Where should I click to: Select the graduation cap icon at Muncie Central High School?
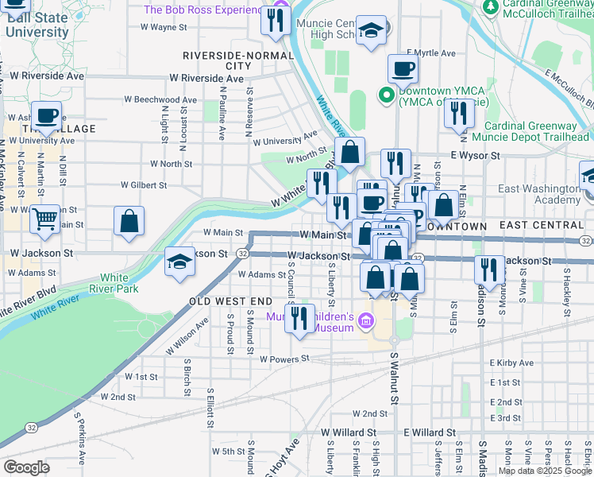[x=369, y=33]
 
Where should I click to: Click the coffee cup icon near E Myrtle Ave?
[x=403, y=68]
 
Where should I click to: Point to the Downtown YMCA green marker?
[x=387, y=95]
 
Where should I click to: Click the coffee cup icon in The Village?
[x=46, y=116]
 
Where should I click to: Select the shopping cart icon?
[x=45, y=218]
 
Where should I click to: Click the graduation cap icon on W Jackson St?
[x=180, y=262]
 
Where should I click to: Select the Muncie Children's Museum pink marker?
[x=364, y=321]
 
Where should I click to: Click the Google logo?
[x=26, y=467]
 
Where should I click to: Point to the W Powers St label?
[x=283, y=359]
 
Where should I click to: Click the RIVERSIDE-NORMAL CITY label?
[x=233, y=60]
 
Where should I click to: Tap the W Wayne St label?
[x=163, y=27]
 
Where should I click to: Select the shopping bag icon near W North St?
[x=349, y=153]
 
